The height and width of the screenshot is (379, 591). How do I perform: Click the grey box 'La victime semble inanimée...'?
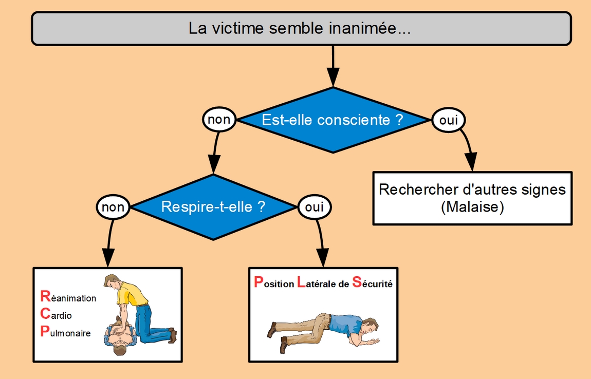(301, 28)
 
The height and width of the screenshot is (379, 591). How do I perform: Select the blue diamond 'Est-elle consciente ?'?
(333, 120)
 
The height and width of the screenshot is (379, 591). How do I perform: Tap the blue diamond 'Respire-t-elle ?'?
(213, 207)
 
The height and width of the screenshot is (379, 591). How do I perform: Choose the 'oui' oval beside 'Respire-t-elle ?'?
(315, 207)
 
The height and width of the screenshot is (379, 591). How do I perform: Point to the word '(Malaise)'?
(472, 207)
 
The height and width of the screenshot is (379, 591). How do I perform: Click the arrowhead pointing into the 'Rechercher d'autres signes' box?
(471, 163)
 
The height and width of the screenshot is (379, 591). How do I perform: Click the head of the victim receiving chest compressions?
(119, 348)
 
